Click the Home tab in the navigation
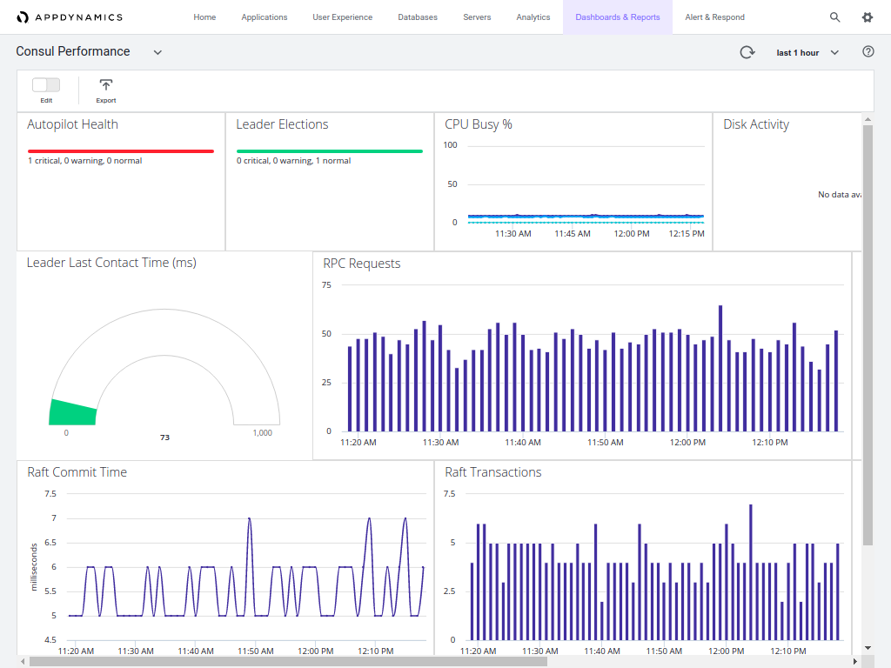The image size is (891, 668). click(x=204, y=17)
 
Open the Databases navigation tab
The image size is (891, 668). click(x=418, y=17)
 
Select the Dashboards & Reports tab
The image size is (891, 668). click(x=617, y=17)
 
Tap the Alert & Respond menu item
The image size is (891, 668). click(x=714, y=17)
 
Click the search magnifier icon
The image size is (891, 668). click(x=835, y=17)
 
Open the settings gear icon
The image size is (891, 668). click(x=868, y=17)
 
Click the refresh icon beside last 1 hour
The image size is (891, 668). click(x=747, y=52)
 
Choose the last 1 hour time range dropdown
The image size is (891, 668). click(x=807, y=53)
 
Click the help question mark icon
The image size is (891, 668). click(x=868, y=52)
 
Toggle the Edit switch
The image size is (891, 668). click(x=46, y=84)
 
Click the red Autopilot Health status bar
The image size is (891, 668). click(x=120, y=151)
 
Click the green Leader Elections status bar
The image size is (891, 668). click(x=329, y=151)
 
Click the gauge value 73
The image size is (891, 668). click(x=164, y=438)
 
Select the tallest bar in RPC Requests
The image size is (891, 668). click(x=720, y=368)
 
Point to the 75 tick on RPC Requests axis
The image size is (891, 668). click(x=326, y=285)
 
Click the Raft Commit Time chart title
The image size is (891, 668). click(x=77, y=472)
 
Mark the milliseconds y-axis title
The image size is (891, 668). click(x=35, y=566)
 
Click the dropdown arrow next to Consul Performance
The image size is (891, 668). click(x=157, y=52)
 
